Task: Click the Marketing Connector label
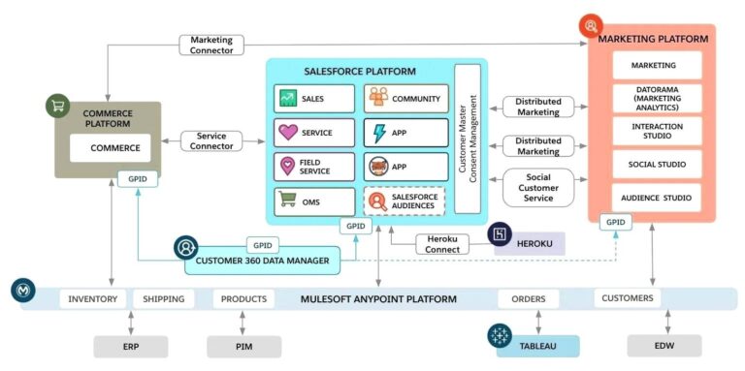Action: tap(211, 45)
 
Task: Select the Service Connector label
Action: tap(211, 141)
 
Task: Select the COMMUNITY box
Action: tap(405, 99)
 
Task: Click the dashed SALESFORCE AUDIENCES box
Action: tap(405, 201)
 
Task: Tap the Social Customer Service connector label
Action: tap(537, 187)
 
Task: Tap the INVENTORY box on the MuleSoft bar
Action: tap(93, 299)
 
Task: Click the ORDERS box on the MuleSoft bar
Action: tap(529, 299)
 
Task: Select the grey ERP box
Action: tap(131, 346)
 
